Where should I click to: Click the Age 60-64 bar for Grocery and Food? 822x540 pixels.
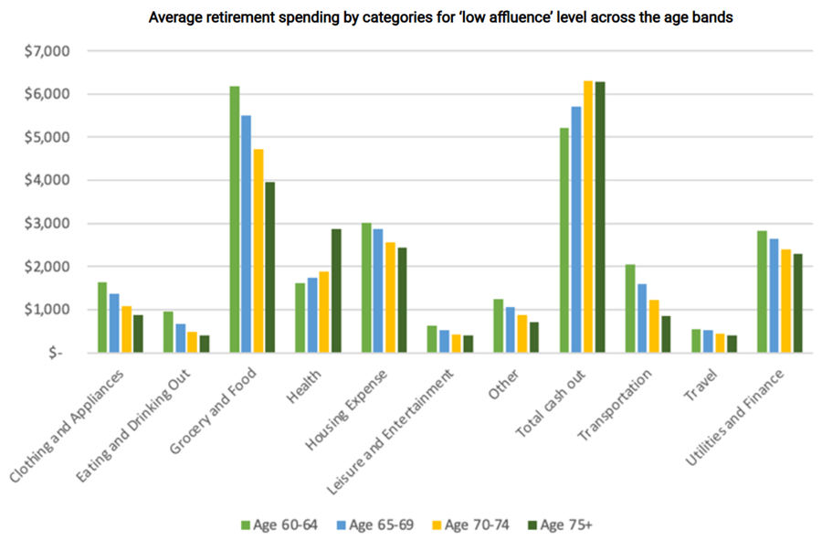(235, 219)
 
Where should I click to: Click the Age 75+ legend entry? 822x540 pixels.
(561, 524)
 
